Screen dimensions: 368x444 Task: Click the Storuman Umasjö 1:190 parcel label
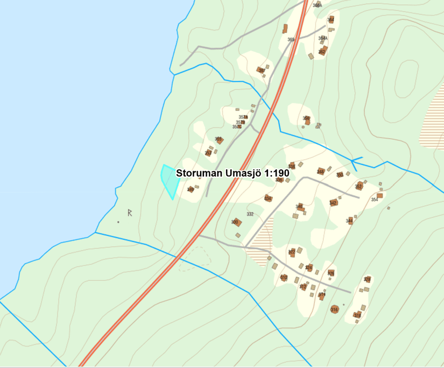[232, 173]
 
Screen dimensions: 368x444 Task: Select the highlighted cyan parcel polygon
[170, 181]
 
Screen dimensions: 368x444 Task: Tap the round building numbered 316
[334, 309]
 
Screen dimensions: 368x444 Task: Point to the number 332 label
[250, 214]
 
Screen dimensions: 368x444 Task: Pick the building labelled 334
[267, 198]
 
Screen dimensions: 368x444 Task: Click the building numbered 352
[359, 186]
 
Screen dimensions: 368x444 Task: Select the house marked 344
[350, 220]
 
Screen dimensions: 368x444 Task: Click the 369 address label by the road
[291, 40]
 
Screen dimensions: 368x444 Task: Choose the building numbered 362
[322, 52]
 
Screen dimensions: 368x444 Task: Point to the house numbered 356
[307, 120]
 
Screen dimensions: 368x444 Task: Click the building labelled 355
[219, 140]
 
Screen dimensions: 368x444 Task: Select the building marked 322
[292, 251]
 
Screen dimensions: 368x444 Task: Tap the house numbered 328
[331, 273]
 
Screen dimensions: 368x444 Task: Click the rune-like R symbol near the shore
[130, 213]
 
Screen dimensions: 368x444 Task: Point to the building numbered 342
[333, 203]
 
